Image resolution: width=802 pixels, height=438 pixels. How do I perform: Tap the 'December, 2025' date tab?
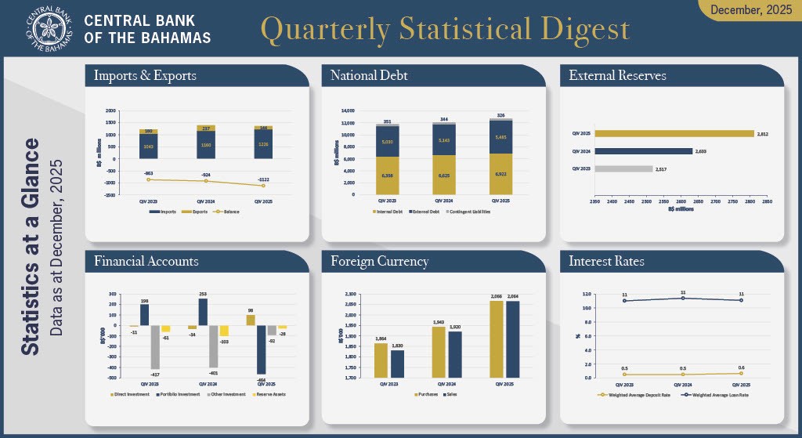click(750, 9)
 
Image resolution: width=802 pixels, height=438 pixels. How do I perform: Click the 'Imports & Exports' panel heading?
click(145, 76)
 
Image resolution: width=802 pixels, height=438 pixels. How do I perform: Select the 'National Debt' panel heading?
click(369, 76)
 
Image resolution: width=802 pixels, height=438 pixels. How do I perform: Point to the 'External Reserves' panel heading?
click(618, 76)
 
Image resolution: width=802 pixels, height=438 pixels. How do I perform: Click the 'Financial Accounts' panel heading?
click(146, 261)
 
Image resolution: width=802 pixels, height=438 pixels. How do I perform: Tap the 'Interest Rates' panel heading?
click(607, 261)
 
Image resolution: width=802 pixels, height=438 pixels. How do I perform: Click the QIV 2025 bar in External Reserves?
click(674, 134)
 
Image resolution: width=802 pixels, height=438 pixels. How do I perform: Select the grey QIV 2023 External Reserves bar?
click(623, 168)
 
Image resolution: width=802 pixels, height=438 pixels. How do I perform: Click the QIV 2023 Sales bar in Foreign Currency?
click(398, 364)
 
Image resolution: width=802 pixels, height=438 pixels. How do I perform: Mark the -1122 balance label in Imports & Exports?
click(263, 179)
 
